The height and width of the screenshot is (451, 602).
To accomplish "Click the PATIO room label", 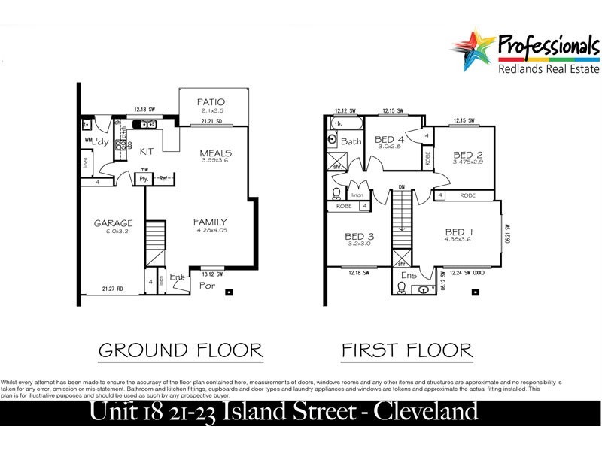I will [x=211, y=102].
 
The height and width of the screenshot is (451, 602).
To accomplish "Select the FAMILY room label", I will [x=210, y=222].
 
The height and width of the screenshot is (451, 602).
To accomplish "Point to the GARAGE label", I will [x=113, y=223].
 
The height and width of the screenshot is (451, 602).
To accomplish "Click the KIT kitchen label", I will [x=147, y=151].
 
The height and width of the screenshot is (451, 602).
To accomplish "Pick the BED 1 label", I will [x=459, y=232].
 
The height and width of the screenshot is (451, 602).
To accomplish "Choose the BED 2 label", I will [x=467, y=154].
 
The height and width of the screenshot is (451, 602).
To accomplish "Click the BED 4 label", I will [x=390, y=139].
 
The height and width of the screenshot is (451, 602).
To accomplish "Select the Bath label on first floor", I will [x=351, y=141].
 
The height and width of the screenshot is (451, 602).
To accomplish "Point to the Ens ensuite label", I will [x=409, y=276].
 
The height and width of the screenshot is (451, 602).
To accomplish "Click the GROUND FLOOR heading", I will [x=181, y=350].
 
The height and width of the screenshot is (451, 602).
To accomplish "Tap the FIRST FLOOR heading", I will [x=406, y=350].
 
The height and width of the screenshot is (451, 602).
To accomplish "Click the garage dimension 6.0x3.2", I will [x=113, y=232].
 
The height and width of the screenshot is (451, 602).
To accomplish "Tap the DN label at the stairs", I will [x=402, y=187].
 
